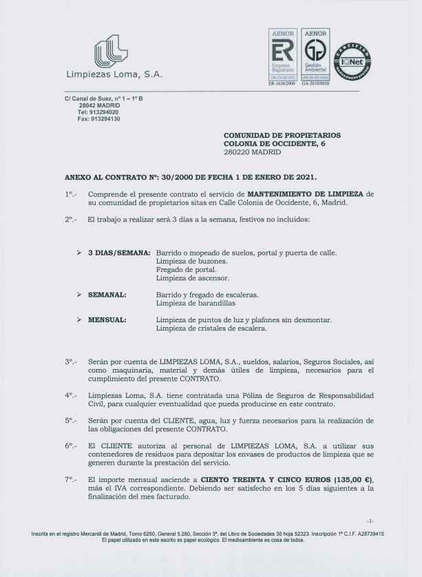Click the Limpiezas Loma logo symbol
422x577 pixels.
click(x=111, y=52)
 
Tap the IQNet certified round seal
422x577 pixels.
click(x=352, y=62)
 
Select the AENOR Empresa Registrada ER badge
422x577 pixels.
click(x=282, y=55)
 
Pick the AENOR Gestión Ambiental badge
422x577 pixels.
click(x=315, y=55)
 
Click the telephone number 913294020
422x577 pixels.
click(x=105, y=112)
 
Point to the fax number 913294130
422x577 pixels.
click(x=107, y=119)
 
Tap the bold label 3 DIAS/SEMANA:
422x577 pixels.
click(x=119, y=253)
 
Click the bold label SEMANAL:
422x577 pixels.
click(x=107, y=295)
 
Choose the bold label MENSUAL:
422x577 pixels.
click(x=107, y=319)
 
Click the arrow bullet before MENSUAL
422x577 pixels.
click(x=79, y=319)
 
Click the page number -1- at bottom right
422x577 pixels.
click(x=370, y=521)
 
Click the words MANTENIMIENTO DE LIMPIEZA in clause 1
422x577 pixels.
click(x=305, y=195)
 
